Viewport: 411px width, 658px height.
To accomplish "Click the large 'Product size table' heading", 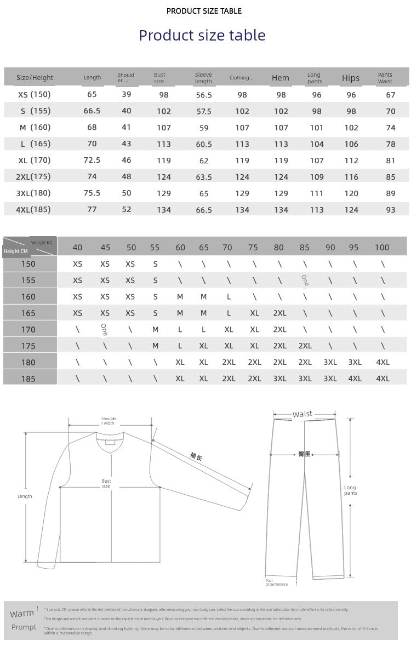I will coord(202,36).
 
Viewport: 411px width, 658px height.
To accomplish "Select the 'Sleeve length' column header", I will coord(203,78).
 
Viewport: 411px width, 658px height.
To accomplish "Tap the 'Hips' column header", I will coord(351,78).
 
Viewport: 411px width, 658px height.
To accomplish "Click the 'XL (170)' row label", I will coord(34,161).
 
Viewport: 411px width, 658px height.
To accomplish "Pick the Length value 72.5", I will coord(92,161).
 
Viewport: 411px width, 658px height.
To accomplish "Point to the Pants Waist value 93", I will coord(390,210).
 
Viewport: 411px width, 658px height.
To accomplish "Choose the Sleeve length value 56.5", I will coord(204,95).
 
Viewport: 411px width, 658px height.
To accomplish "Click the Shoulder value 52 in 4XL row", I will coord(127,210).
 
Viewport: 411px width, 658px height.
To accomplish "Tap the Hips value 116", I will coord(351,177).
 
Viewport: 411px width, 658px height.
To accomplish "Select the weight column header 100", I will coord(382,248).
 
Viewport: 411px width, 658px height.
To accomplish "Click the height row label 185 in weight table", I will coord(28,379).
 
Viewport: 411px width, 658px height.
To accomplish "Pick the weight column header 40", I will coord(77,248).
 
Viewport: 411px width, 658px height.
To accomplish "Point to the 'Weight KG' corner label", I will coord(42,242).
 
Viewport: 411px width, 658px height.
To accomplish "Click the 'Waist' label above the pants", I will coord(302,414).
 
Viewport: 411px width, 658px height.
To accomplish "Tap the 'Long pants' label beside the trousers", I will coord(350,490).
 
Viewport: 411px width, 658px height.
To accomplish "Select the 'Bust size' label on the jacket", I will coord(106,484).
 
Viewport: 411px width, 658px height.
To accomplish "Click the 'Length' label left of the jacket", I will coord(25,496).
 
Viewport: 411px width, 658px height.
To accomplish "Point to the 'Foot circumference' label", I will coord(276,582).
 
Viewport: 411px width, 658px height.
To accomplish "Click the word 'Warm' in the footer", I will coord(22,614).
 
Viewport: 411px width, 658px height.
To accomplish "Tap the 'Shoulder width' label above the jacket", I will coord(109,421).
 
